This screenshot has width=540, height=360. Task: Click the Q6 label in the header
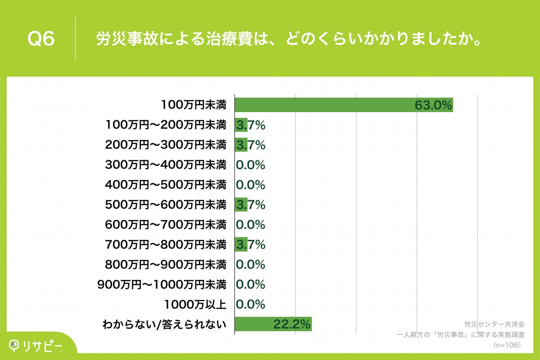click(41, 39)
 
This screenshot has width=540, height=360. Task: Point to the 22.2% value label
click(292, 324)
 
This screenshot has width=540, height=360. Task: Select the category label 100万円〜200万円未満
click(165, 125)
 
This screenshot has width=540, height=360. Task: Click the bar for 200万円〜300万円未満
click(241, 145)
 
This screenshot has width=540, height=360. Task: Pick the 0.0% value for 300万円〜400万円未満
click(251, 165)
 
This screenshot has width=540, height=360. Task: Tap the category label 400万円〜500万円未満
click(165, 184)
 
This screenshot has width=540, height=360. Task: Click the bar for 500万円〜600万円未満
click(241, 205)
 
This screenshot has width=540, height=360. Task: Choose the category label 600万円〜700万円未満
click(165, 225)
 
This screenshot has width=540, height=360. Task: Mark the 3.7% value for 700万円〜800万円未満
click(251, 245)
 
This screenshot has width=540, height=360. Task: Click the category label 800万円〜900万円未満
click(165, 265)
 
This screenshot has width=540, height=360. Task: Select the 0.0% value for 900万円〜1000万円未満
click(251, 284)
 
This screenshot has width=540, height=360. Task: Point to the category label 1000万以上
click(195, 304)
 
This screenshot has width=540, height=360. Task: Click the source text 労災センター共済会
click(494, 324)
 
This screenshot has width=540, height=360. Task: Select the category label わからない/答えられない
click(164, 324)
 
